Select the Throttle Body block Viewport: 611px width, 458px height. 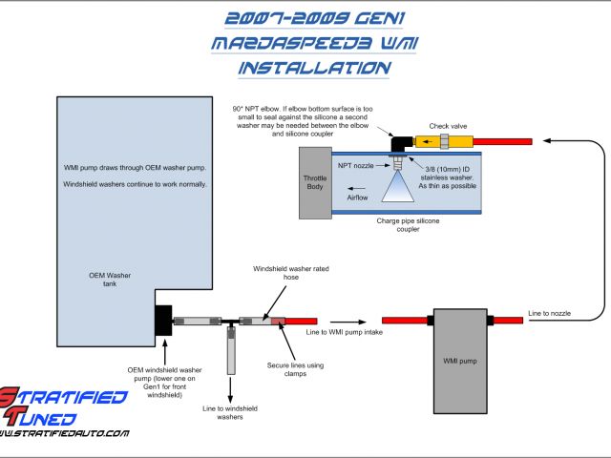315,182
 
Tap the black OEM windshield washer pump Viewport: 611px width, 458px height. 161,322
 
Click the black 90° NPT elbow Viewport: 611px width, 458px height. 398,142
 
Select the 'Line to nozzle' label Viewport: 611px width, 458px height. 551,314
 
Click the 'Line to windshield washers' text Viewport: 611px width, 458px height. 230,411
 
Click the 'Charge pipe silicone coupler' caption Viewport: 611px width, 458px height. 408,225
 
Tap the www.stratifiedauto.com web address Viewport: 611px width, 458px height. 65,434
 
